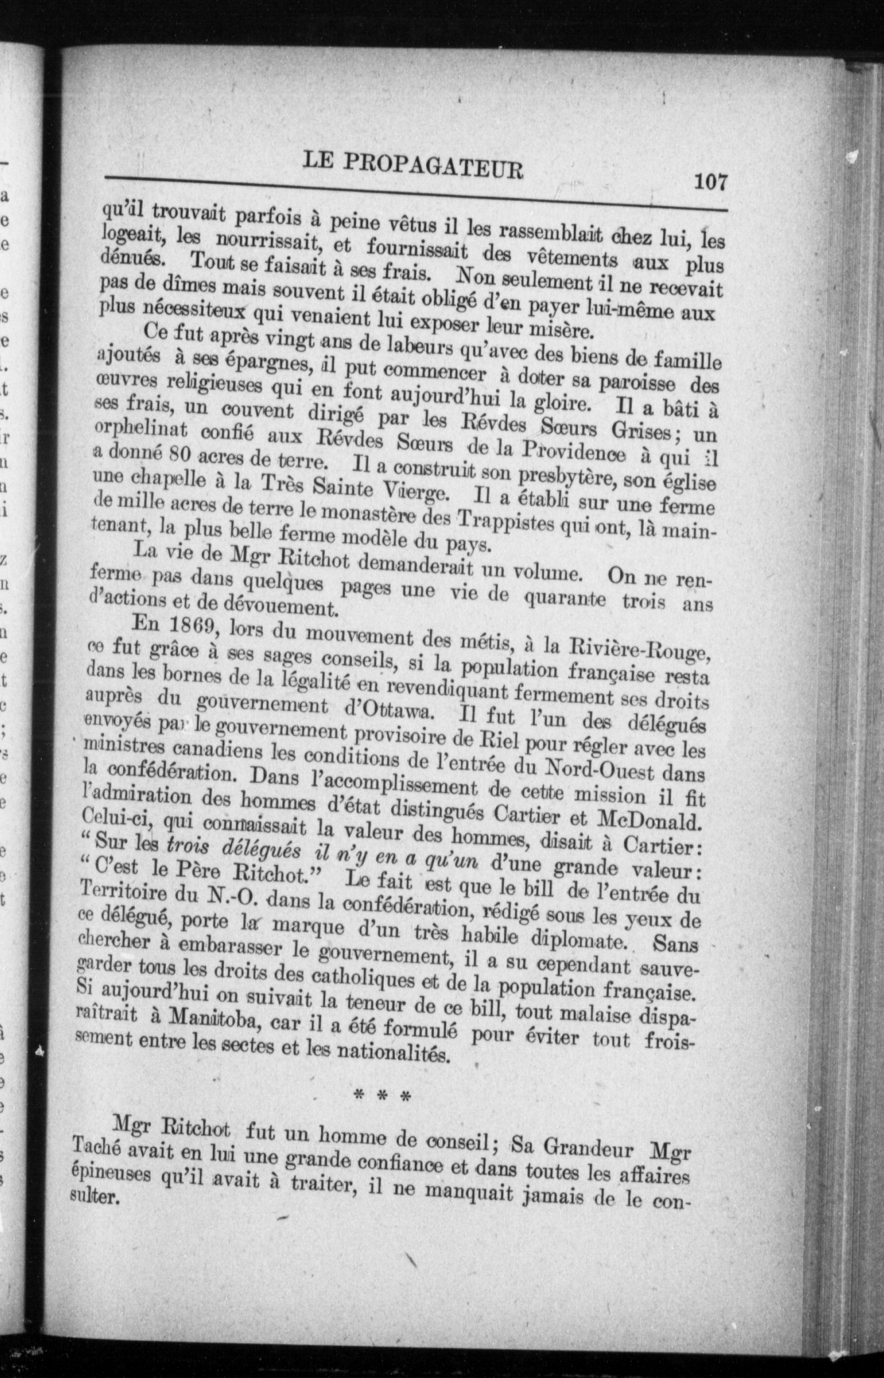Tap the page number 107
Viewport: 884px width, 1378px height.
tap(711, 183)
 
